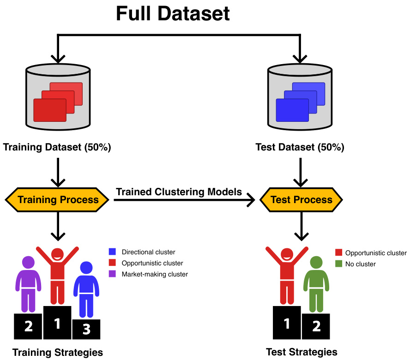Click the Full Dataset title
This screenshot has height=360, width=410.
[173, 14]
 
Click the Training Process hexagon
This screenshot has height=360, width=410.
[57, 200]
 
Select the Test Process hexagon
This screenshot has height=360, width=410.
[301, 200]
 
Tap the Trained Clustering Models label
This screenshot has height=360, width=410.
[179, 192]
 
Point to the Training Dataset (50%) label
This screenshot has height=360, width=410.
[57, 148]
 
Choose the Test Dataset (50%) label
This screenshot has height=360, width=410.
[300, 148]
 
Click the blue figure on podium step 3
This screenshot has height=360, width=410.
[86, 288]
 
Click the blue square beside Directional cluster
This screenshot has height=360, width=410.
[112, 252]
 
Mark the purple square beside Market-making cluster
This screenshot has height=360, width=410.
[112, 274]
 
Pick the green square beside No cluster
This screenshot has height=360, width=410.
[338, 264]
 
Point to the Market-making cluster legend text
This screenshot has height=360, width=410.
[155, 274]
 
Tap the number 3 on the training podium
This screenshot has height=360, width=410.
[86, 329]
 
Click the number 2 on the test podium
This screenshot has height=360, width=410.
[316, 326]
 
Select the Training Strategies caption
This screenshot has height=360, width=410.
[57, 353]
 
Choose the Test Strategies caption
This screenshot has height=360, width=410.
[301, 352]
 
